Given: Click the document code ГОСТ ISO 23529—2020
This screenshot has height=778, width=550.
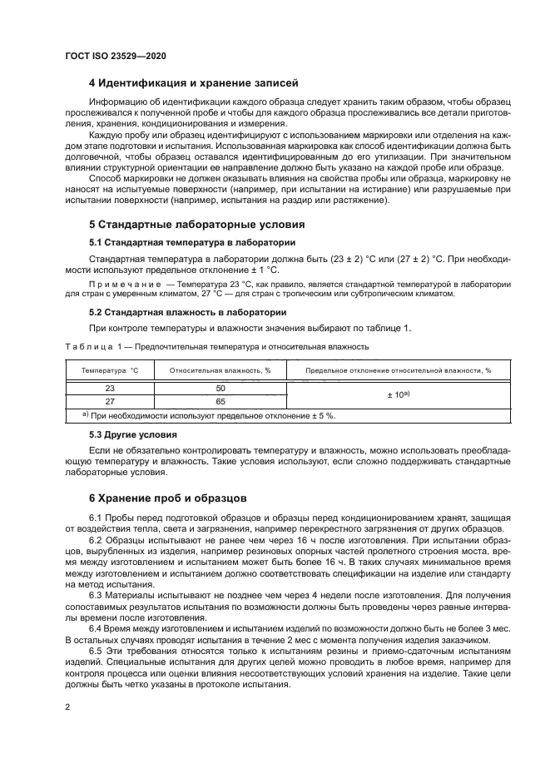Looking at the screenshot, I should tap(115, 56).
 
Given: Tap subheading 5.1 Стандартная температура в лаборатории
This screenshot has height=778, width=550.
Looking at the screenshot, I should tap(191, 243).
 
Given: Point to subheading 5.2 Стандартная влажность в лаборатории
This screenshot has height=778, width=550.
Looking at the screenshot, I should tap(187, 312).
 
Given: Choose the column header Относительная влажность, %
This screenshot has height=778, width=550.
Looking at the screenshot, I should tap(220, 370).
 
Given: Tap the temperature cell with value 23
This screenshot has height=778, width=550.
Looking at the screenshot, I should tap(109, 388).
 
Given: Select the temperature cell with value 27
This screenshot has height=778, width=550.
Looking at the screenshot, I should tap(109, 400).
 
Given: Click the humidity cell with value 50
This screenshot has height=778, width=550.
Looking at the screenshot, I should tap(220, 388).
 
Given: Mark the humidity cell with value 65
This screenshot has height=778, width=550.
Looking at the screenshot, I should tap(220, 400).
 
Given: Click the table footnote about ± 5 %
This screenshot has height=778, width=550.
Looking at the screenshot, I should tap(213, 414).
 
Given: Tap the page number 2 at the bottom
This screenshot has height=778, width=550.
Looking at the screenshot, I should tap(67, 706).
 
